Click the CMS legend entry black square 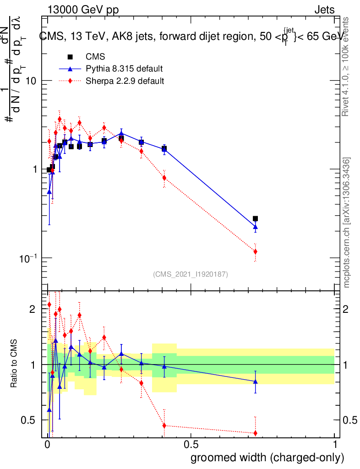pyautogui.click(x=70, y=57)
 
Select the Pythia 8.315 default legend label pyautogui.click(x=124, y=69)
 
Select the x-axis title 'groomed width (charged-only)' pyautogui.click(x=267, y=458)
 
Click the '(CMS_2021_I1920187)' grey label pyautogui.click(x=191, y=274)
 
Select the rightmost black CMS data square pyautogui.click(x=255, y=219)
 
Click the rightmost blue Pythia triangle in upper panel pyautogui.click(x=255, y=227)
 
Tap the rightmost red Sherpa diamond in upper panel pyautogui.click(x=255, y=251)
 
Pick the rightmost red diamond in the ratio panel pyautogui.click(x=255, y=433)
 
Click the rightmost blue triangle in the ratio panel pyautogui.click(x=255, y=381)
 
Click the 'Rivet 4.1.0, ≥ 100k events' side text pyautogui.click(x=347, y=66)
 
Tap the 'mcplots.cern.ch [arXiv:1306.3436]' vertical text pyautogui.click(x=347, y=223)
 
